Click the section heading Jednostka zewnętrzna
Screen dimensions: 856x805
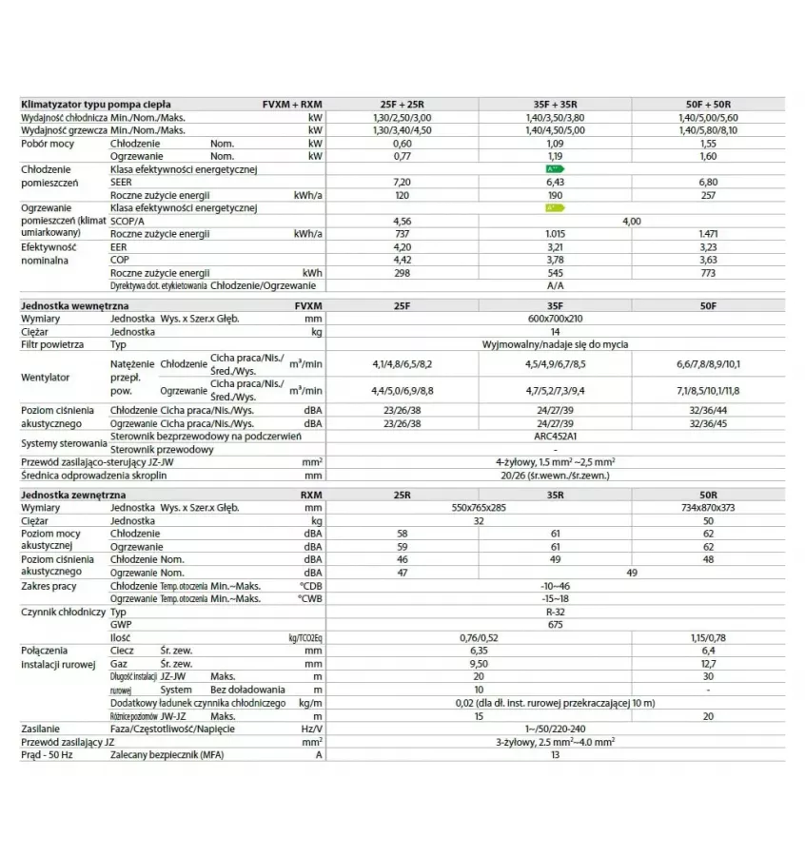click(73, 496)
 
